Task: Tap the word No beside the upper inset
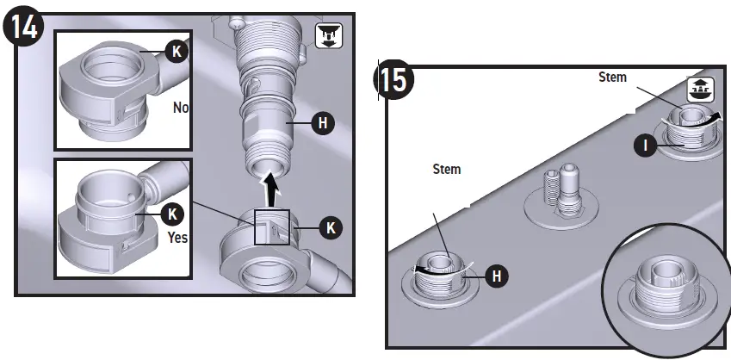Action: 181,109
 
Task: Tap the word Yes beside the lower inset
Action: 178,237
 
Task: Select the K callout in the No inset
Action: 177,52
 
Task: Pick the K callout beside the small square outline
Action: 331,227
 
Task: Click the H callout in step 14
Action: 322,124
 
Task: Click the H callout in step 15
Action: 496,276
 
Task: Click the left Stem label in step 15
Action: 446,169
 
